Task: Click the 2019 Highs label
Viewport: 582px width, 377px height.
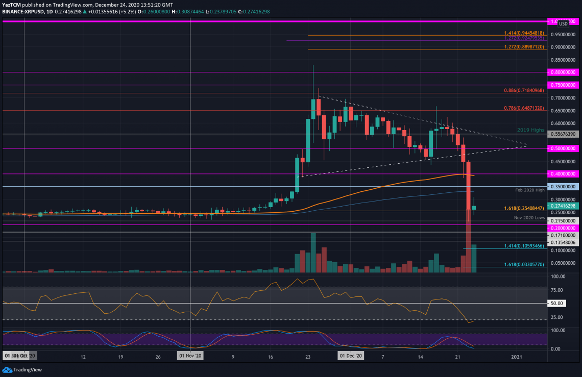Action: pyautogui.click(x=531, y=130)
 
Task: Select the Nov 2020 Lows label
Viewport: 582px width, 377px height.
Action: pyautogui.click(x=529, y=218)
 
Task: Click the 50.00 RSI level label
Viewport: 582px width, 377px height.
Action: pyautogui.click(x=557, y=304)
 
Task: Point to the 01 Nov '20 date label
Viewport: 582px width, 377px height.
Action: pyautogui.click(x=190, y=357)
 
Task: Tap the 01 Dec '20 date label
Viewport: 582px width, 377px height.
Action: pyautogui.click(x=351, y=357)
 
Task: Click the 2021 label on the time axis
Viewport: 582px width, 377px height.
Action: pyautogui.click(x=517, y=357)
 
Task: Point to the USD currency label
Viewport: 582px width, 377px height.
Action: pyautogui.click(x=563, y=24)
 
